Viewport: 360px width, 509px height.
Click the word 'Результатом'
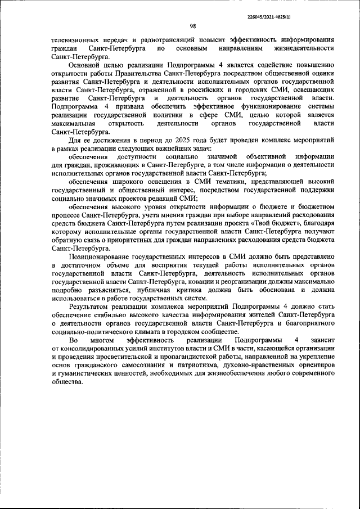pos(89,307)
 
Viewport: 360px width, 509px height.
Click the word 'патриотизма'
pos(204,366)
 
